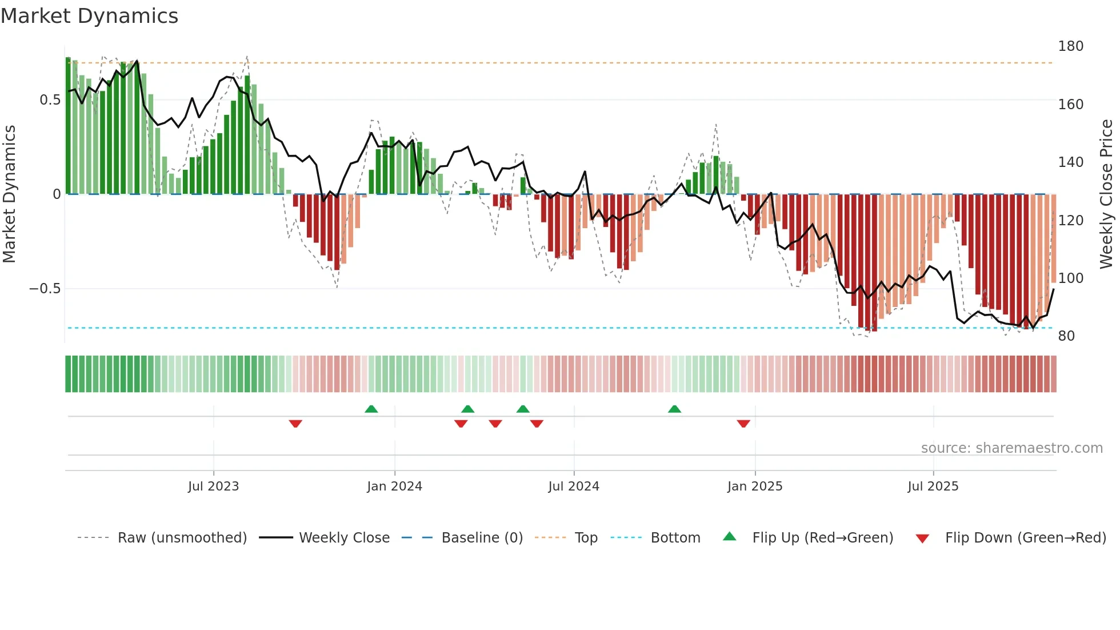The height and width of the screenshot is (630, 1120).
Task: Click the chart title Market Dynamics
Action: coord(90,16)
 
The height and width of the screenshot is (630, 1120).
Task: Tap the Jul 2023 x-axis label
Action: coord(213,487)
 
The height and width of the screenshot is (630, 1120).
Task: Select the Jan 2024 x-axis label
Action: coord(394,487)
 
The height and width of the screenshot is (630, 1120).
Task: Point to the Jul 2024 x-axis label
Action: coord(574,487)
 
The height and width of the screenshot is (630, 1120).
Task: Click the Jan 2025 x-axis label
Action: coord(755,487)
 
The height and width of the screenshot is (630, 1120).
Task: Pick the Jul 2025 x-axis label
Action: coord(933,487)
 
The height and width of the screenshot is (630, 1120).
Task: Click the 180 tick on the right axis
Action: coord(1070,46)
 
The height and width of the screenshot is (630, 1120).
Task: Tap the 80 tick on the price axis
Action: coord(1066,336)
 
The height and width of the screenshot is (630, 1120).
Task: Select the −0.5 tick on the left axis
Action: coord(45,289)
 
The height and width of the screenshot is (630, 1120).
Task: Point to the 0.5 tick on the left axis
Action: coord(50,100)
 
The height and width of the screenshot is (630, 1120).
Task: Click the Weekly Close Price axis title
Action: coord(1106,194)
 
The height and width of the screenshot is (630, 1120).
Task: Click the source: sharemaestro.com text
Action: coord(1011,448)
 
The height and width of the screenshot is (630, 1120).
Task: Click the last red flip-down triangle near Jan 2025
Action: coord(743,424)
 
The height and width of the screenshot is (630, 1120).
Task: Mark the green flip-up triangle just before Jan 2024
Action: coord(371,409)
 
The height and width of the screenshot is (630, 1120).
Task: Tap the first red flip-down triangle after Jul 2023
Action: coord(295,424)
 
